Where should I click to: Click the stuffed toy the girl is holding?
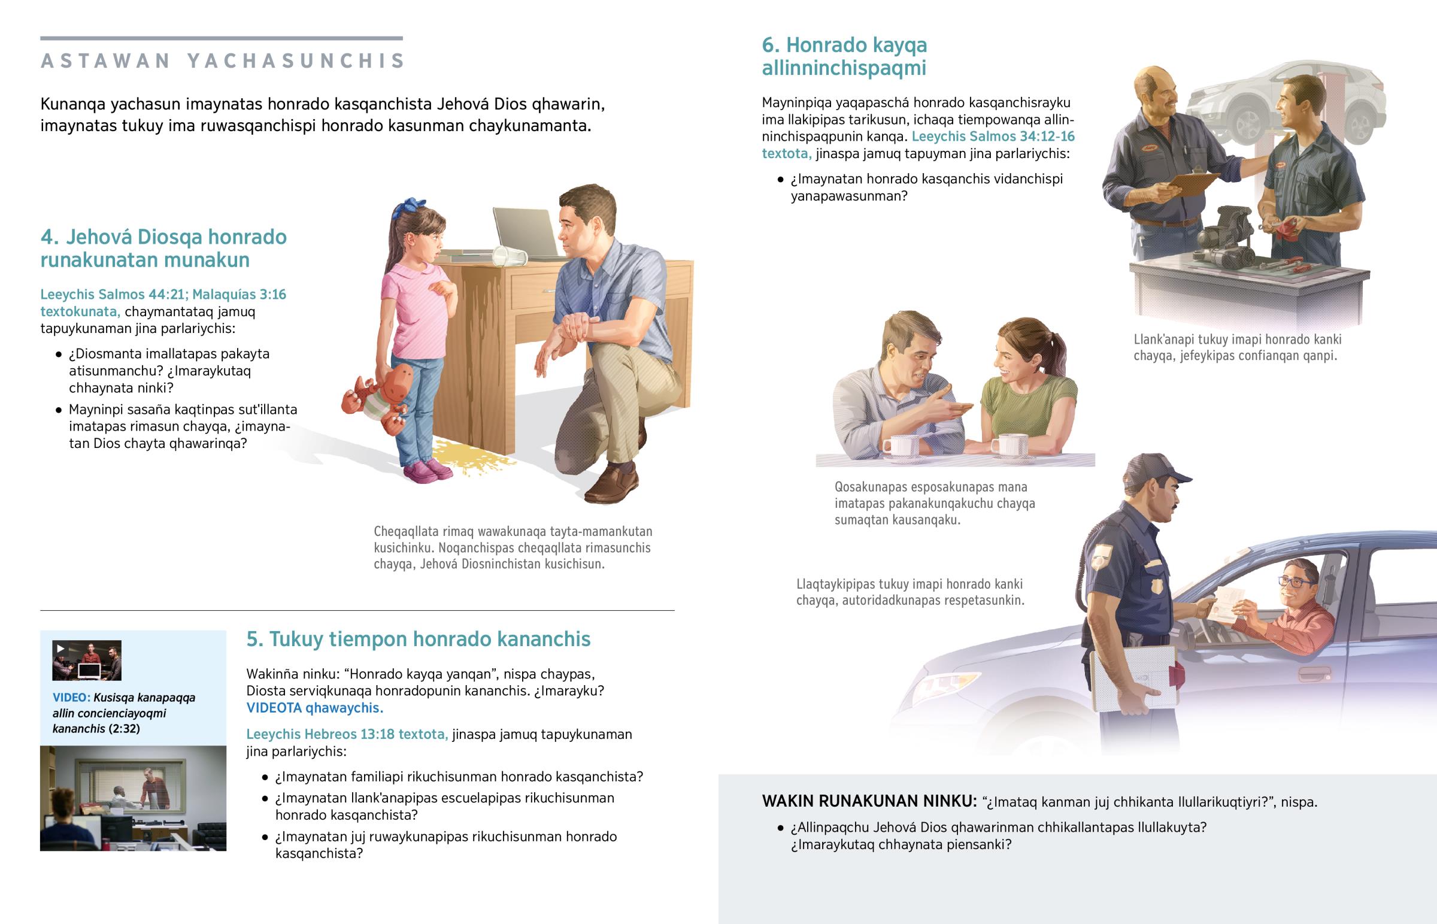(378, 396)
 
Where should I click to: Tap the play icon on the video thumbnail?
(60, 649)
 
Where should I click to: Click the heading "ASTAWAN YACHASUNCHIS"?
(223, 61)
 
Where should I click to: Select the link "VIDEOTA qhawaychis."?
(315, 708)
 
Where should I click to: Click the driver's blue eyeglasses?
(1296, 581)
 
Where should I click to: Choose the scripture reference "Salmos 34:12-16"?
(1022, 137)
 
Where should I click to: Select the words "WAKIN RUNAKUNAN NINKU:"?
(869, 802)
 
